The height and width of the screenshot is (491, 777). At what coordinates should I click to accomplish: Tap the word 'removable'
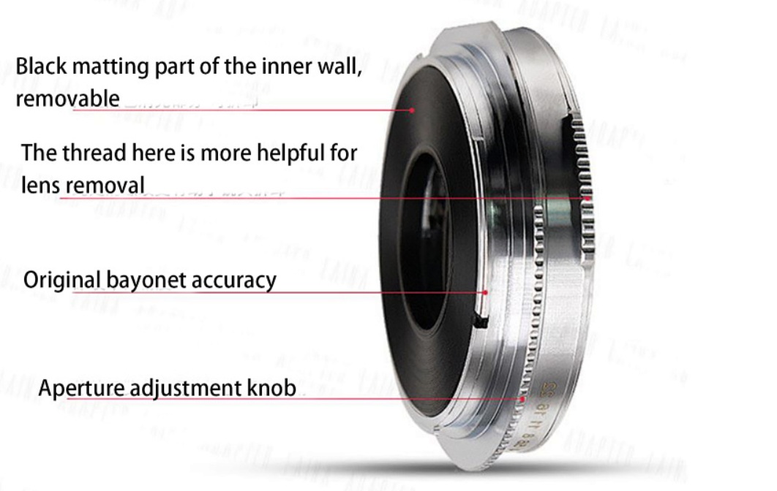coord(67,98)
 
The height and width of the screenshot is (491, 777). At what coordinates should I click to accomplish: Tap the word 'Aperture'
coord(81,388)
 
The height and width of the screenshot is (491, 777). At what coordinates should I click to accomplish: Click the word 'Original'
coord(62,281)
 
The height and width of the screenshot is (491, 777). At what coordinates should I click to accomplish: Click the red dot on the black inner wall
coord(412,110)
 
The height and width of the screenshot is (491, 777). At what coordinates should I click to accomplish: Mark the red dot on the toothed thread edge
coord(587,197)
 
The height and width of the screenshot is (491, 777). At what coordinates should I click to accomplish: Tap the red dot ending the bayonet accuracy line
coord(484,292)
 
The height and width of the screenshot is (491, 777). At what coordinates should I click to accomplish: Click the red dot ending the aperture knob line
coord(522,399)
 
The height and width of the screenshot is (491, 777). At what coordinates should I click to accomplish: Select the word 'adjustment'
coord(187,388)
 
